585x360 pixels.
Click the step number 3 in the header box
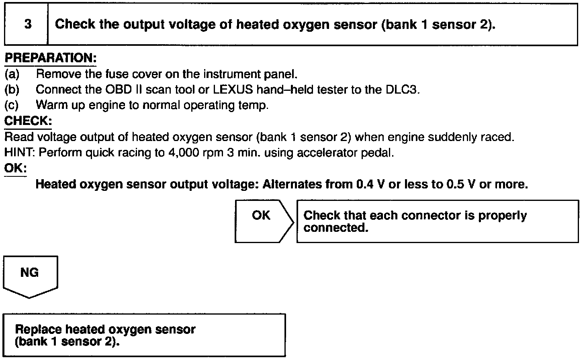(28, 25)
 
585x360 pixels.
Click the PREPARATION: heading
(50, 58)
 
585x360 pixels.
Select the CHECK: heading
(28, 121)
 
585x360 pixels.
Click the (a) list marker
(12, 74)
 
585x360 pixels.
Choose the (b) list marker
(12, 90)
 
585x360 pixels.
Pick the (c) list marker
(12, 105)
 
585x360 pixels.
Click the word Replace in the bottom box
(39, 330)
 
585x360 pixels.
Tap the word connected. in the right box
(336, 228)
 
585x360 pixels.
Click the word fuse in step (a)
(117, 74)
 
